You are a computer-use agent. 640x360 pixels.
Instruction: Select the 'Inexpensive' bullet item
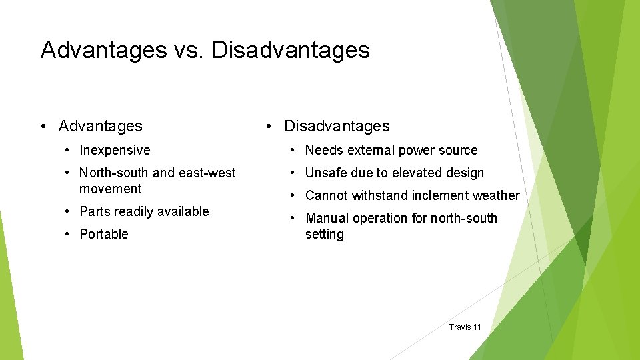pyautogui.click(x=115, y=151)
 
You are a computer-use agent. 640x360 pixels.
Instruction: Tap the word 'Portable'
pyautogui.click(x=103, y=234)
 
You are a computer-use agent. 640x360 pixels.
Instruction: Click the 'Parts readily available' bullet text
pyautogui.click(x=144, y=211)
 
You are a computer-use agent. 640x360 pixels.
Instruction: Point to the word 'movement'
pyautogui.click(x=110, y=189)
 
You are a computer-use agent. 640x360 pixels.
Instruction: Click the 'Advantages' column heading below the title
pyautogui.click(x=100, y=126)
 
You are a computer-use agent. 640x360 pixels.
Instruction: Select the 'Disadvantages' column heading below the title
pyautogui.click(x=337, y=126)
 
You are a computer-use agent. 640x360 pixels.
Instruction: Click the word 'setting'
pyautogui.click(x=324, y=234)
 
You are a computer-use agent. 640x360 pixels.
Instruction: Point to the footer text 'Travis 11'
pyautogui.click(x=465, y=327)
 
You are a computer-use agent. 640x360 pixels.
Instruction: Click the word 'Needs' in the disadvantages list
pyautogui.click(x=323, y=151)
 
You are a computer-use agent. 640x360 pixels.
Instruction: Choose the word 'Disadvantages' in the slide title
pyautogui.click(x=291, y=50)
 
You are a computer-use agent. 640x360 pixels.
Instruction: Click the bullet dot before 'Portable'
pyautogui.click(x=69, y=234)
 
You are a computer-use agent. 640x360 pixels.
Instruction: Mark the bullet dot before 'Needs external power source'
pyautogui.click(x=295, y=151)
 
